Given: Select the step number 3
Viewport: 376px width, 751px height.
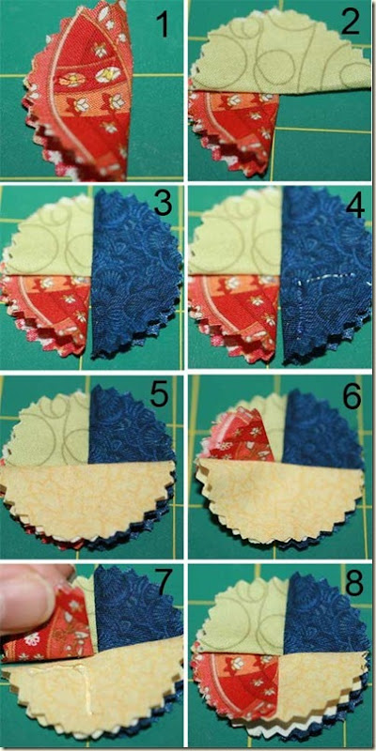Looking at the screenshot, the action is tap(163, 205).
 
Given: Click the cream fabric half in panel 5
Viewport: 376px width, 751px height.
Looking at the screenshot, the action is tap(88, 503).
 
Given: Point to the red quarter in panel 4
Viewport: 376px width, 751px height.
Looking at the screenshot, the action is tap(235, 312).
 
